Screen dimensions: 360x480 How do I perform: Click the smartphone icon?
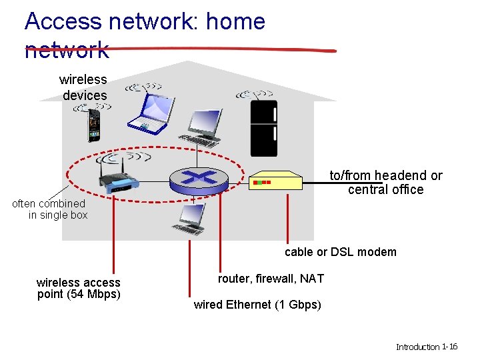coord(95,125)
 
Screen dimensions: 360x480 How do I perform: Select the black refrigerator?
coord(263,128)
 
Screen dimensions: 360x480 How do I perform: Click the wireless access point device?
coord(117,181)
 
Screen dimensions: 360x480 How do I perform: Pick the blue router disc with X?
coord(199,177)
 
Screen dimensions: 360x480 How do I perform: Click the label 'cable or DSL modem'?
coord(340,252)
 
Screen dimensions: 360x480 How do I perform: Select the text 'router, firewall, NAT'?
coord(271,279)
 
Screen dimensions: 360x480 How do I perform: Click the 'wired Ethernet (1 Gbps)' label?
coord(257,305)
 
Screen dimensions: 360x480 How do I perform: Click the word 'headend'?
coord(401,175)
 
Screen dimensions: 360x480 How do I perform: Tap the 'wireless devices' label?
coord(84,87)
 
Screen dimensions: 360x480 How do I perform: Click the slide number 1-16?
coord(449,347)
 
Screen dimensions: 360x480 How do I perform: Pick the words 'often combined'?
coord(49,203)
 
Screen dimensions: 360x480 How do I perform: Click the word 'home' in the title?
coord(235,21)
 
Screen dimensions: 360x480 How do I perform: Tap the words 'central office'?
coord(385,190)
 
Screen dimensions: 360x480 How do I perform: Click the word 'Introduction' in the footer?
coord(417,347)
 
